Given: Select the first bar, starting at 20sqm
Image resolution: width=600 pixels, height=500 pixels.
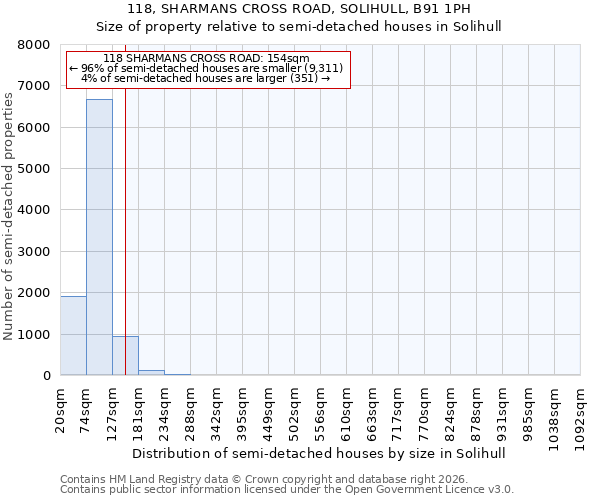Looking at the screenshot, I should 73,336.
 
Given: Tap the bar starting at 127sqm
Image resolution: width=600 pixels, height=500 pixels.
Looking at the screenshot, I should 125,356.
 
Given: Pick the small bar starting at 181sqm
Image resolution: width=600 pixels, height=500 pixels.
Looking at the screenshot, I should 151,373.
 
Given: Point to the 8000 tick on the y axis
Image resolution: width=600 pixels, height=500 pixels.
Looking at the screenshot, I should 35,45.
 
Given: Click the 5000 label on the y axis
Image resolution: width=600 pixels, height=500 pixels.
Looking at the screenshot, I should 35,169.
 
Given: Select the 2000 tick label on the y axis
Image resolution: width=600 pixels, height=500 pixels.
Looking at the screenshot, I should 35,293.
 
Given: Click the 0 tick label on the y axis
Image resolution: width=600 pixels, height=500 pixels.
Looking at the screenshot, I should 46,376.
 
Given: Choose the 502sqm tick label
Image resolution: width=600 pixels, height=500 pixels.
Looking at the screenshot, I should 295,408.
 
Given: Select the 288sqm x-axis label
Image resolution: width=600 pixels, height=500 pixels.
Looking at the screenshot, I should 191,408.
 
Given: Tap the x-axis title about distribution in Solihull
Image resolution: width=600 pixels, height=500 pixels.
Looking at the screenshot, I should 319,453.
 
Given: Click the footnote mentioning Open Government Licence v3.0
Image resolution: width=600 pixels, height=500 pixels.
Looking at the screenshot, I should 287,490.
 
